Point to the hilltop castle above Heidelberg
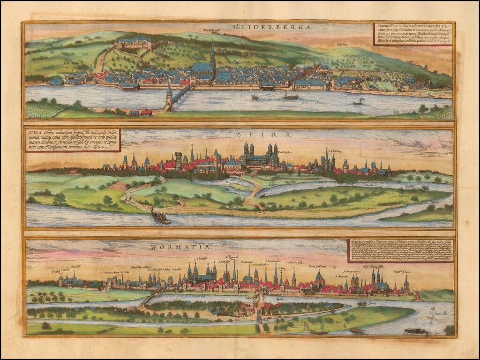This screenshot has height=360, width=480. [x=133, y=44]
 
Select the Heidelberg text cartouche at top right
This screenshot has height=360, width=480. [x=413, y=34]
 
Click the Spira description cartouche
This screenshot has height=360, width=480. [x=73, y=140]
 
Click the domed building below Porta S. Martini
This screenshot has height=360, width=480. [x=319, y=277]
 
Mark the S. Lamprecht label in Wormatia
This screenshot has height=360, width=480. [x=273, y=261]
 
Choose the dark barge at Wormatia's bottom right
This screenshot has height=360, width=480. [x=414, y=330]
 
